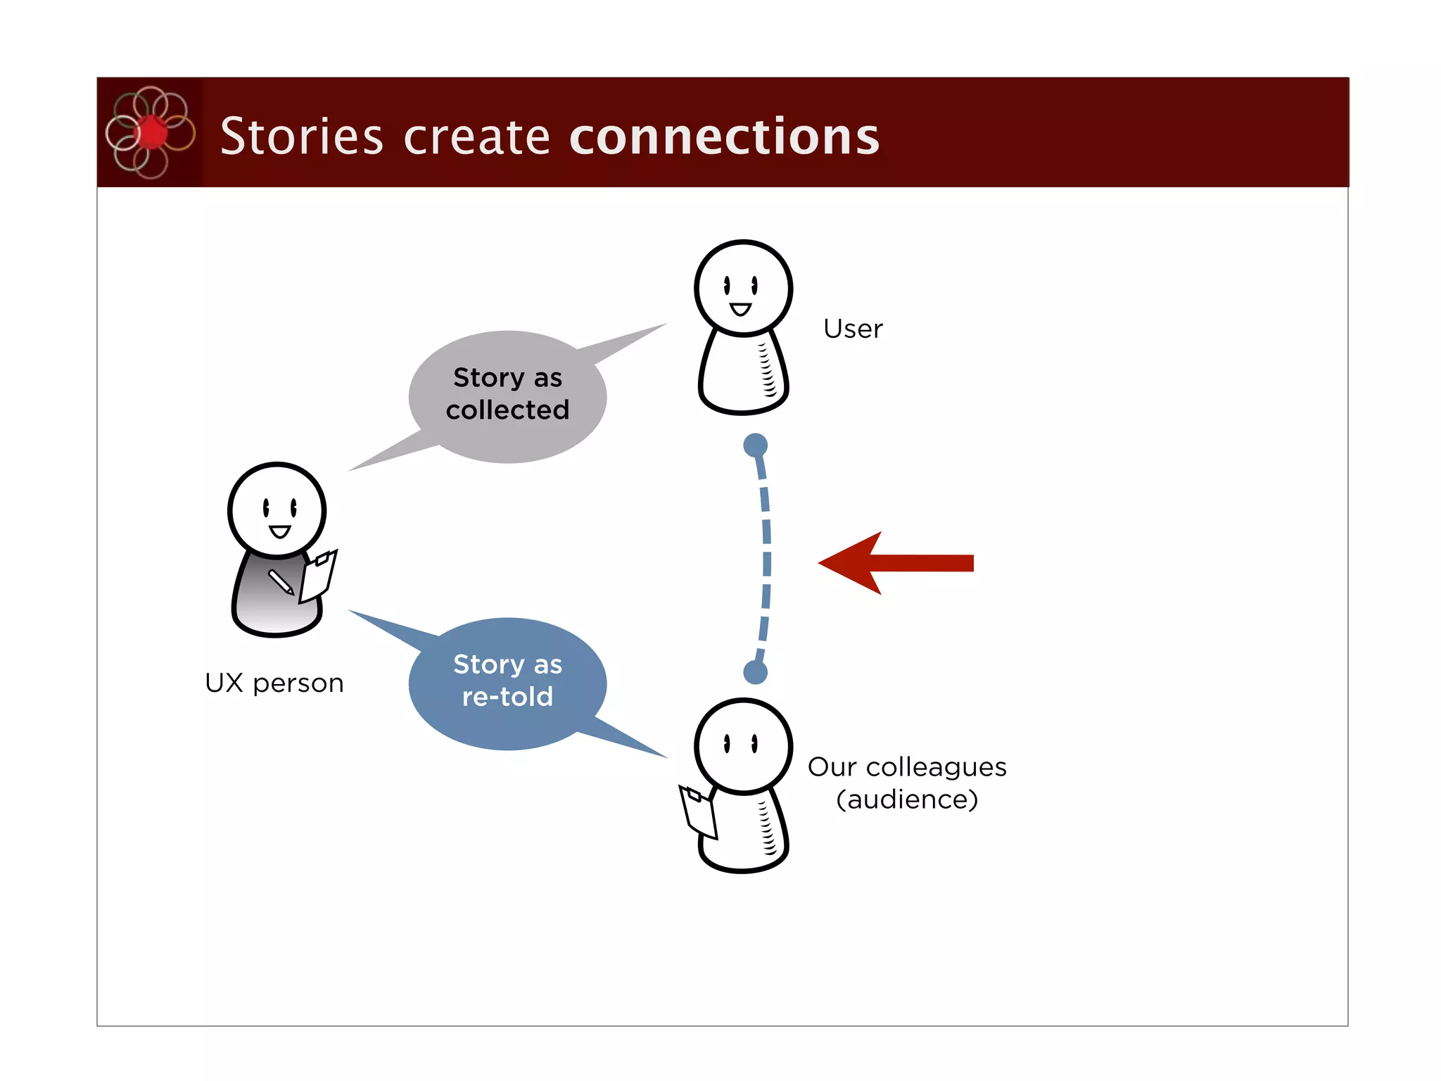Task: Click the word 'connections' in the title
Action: [x=724, y=137]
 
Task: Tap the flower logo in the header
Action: [x=150, y=132]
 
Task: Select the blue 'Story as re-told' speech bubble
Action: [x=507, y=682]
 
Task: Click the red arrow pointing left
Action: [x=894, y=563]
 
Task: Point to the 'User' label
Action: [x=853, y=329]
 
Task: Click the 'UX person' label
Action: [x=274, y=683]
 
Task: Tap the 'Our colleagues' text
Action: [x=906, y=767]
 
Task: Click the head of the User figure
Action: [x=743, y=287]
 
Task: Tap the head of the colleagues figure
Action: [x=743, y=746]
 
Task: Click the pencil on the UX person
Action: [x=281, y=582]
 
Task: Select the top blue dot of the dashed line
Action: [x=755, y=445]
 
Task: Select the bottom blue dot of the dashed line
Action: [x=755, y=672]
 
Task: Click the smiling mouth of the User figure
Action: [x=740, y=309]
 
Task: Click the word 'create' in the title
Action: [x=476, y=137]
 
